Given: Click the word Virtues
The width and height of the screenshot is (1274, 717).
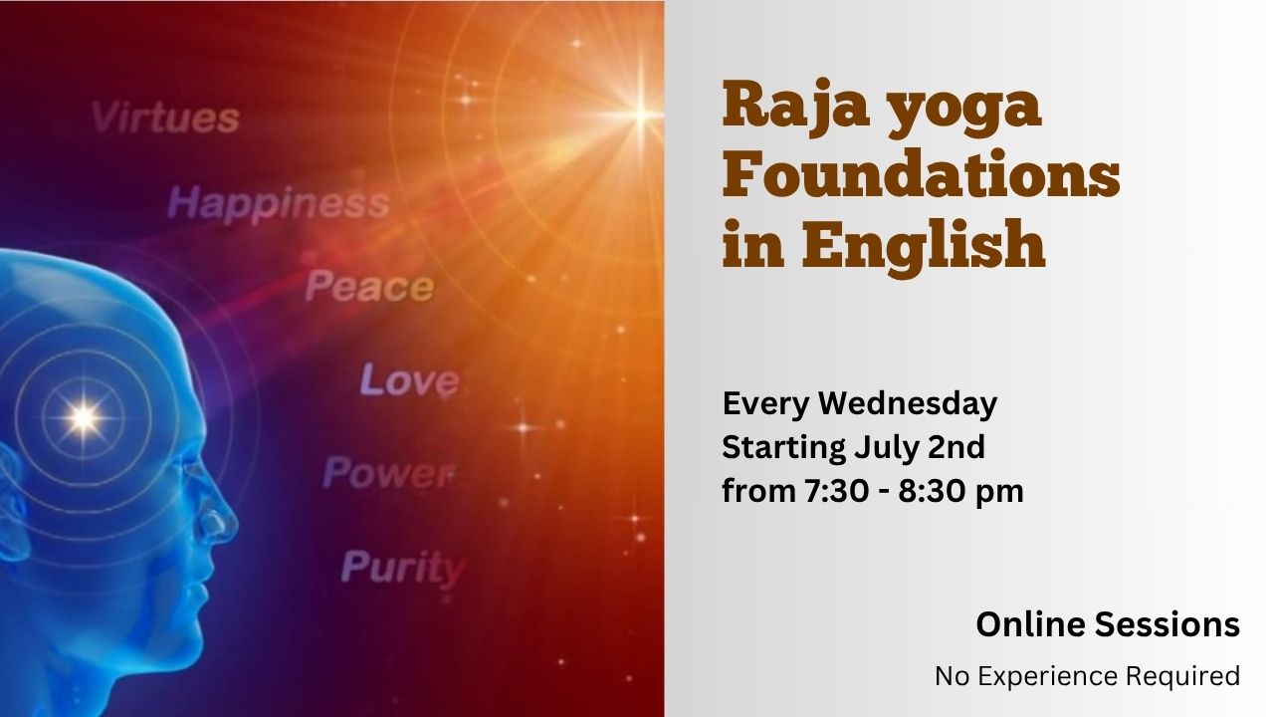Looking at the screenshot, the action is [165, 118].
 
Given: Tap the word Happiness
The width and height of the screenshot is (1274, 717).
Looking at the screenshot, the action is [279, 203].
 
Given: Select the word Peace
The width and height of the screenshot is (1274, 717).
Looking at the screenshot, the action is [369, 286].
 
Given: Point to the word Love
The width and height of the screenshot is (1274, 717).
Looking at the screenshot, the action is [409, 379].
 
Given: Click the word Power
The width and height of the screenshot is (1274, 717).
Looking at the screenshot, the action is [389, 472].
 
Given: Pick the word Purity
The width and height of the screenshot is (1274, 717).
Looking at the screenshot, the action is [403, 567].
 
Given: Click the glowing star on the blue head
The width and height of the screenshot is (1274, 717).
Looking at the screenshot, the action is [83, 418].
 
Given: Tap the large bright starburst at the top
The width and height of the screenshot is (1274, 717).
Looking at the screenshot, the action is [641, 115].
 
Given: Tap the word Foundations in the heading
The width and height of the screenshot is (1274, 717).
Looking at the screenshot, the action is [921, 173].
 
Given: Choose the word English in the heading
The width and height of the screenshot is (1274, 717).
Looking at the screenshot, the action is [923, 245].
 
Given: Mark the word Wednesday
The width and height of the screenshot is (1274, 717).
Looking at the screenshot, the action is [908, 404].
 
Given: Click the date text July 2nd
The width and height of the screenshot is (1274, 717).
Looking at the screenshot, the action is [919, 448].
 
